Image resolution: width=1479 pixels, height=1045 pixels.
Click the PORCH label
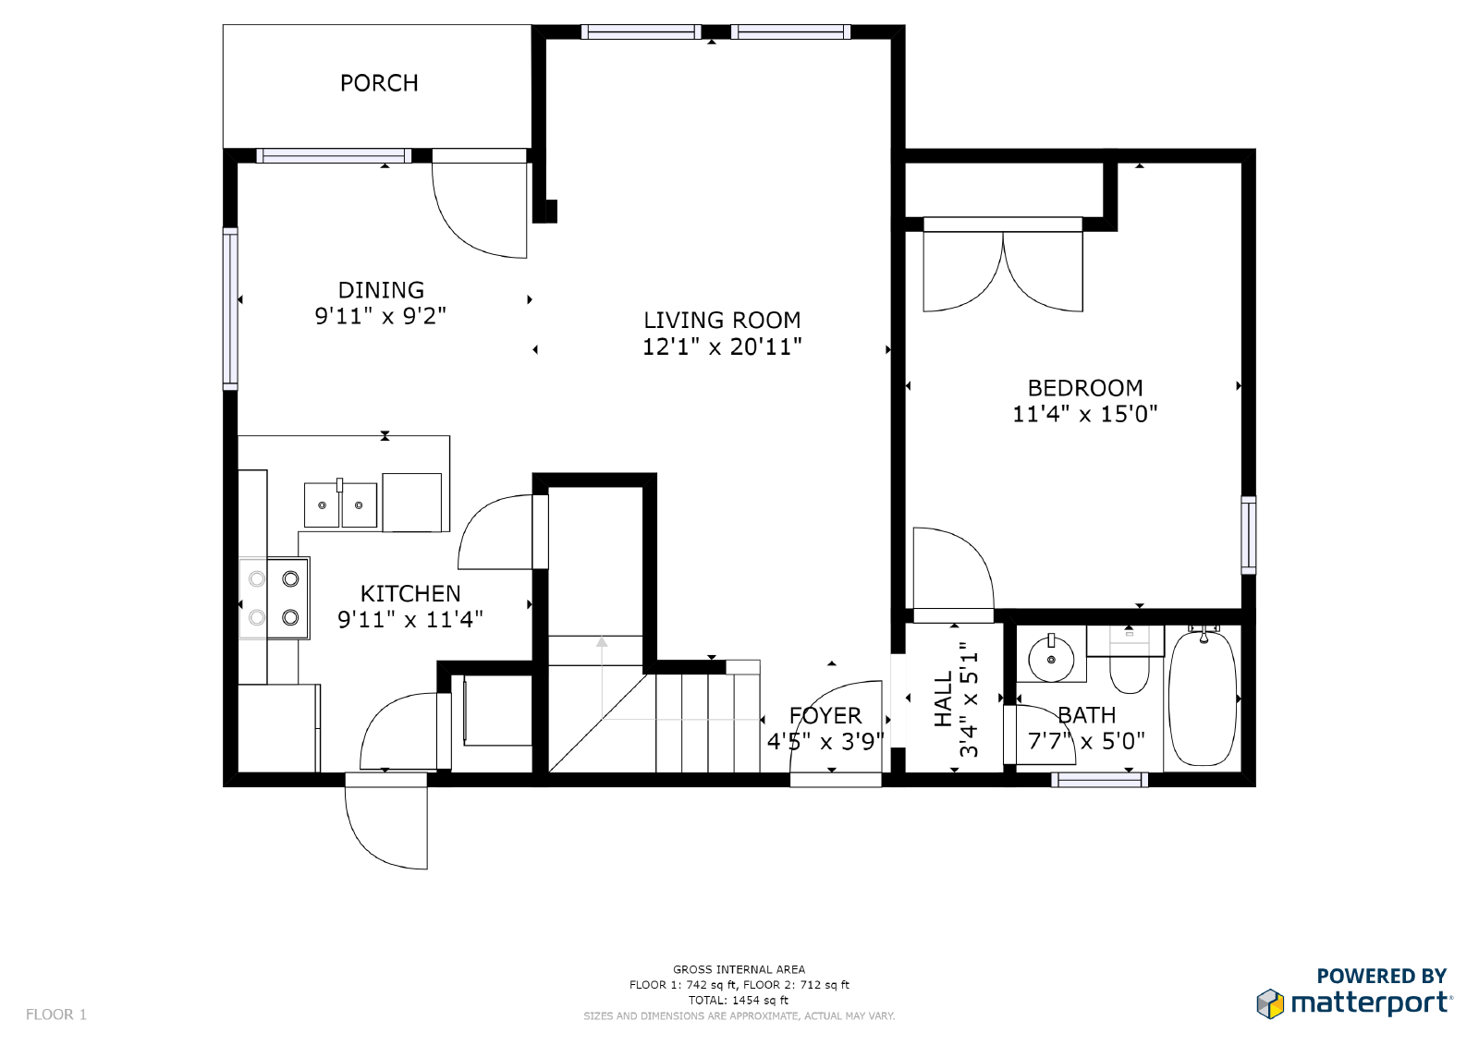(379, 83)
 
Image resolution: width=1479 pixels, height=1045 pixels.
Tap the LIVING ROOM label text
(722, 321)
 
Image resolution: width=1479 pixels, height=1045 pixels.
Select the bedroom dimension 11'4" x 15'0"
(1084, 414)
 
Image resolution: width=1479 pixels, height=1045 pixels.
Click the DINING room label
(381, 290)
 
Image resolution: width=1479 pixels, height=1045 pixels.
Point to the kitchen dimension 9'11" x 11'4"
(409, 619)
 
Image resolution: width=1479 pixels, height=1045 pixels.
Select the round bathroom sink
(1051, 659)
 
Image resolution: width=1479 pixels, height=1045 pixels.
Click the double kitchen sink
(340, 505)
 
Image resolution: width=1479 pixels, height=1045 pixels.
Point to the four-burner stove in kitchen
(275, 598)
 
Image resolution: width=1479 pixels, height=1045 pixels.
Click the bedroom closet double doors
(1003, 270)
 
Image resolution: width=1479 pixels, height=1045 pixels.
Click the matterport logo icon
(1270, 1003)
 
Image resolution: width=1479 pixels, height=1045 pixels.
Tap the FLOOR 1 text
(56, 1015)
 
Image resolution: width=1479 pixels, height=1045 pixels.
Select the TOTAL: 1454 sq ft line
(739, 1000)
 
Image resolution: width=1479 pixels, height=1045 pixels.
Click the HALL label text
(943, 699)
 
